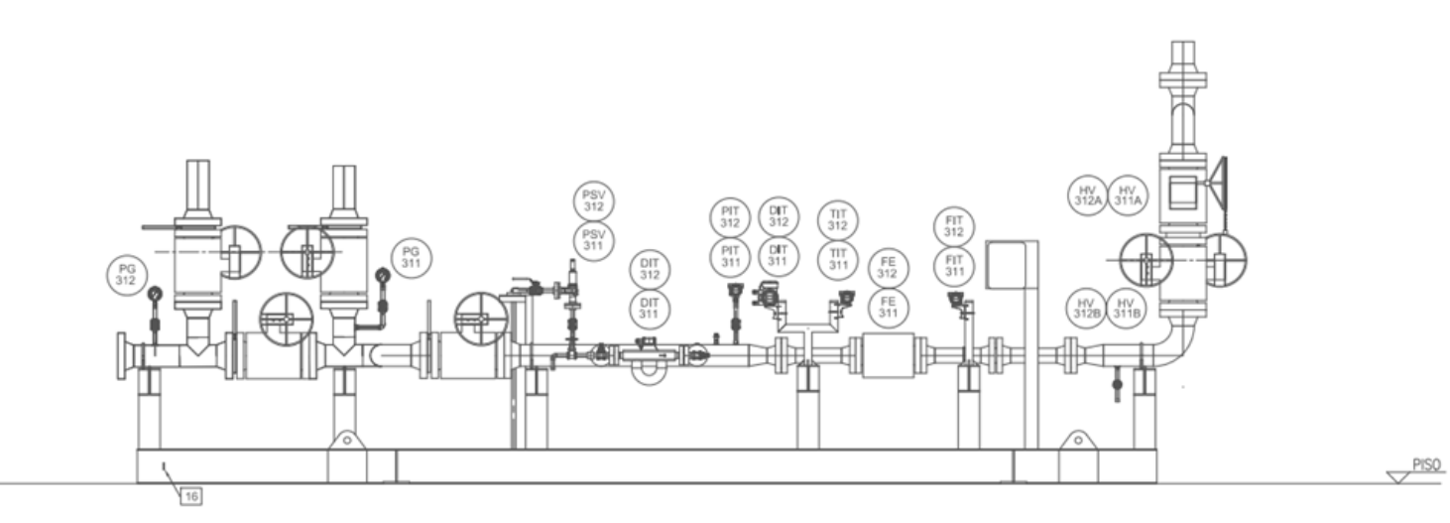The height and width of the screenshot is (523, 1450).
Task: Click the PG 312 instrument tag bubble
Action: [x=126, y=275]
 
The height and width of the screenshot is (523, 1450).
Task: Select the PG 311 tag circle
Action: [x=411, y=257]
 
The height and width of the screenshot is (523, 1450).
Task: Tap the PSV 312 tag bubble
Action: [x=594, y=200]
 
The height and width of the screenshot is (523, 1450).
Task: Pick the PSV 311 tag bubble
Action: [x=594, y=240]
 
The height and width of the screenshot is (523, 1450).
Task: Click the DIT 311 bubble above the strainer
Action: [x=650, y=309]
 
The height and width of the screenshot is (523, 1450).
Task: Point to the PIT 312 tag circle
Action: [x=730, y=217]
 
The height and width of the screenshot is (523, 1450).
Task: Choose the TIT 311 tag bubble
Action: [x=838, y=259]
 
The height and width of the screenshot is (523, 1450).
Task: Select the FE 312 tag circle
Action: [x=888, y=268]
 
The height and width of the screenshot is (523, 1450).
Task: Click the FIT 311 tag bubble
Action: [x=954, y=266]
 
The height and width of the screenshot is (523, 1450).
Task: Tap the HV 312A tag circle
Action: [x=1087, y=196]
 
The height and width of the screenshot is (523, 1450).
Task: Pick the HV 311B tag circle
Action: [x=1126, y=309]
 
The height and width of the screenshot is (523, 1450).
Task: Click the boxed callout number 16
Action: [x=190, y=496]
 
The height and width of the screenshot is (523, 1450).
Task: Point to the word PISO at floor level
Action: [x=1426, y=464]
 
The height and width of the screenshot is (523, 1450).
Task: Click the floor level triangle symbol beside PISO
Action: [x=1399, y=477]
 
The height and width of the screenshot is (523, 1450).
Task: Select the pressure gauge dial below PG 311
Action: [x=383, y=276]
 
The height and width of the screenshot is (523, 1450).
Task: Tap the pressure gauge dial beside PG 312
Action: [x=156, y=294]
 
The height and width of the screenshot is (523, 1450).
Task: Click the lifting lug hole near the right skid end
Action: [x=1078, y=440]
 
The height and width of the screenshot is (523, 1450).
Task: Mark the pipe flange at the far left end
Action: [x=121, y=356]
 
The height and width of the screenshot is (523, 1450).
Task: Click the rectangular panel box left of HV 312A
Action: [x=1006, y=264]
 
